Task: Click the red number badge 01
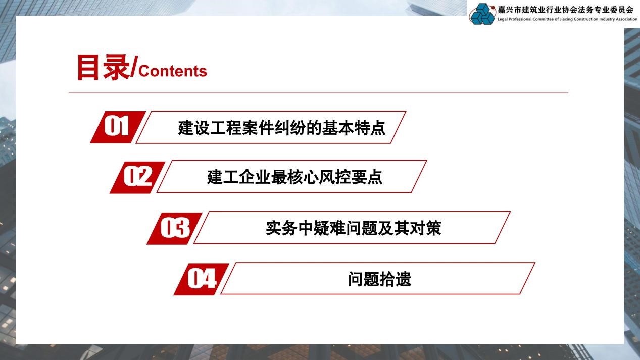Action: coord(117,127)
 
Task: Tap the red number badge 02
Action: coord(137,177)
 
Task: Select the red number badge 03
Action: coord(174,228)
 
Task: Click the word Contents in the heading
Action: coord(173,71)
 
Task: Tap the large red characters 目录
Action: coord(103,68)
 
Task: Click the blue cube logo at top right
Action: coord(482,14)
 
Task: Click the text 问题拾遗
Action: coord(379,279)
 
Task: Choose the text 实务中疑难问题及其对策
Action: coord(353,228)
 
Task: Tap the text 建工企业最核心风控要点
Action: coord(294,177)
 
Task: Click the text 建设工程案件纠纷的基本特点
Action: coord(281,128)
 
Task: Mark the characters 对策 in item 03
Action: coord(427,228)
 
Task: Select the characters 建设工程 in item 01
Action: coord(203,128)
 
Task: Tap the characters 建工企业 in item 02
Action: coord(232,177)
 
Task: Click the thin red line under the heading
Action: coord(318,93)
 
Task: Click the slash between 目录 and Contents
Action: coord(134,69)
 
